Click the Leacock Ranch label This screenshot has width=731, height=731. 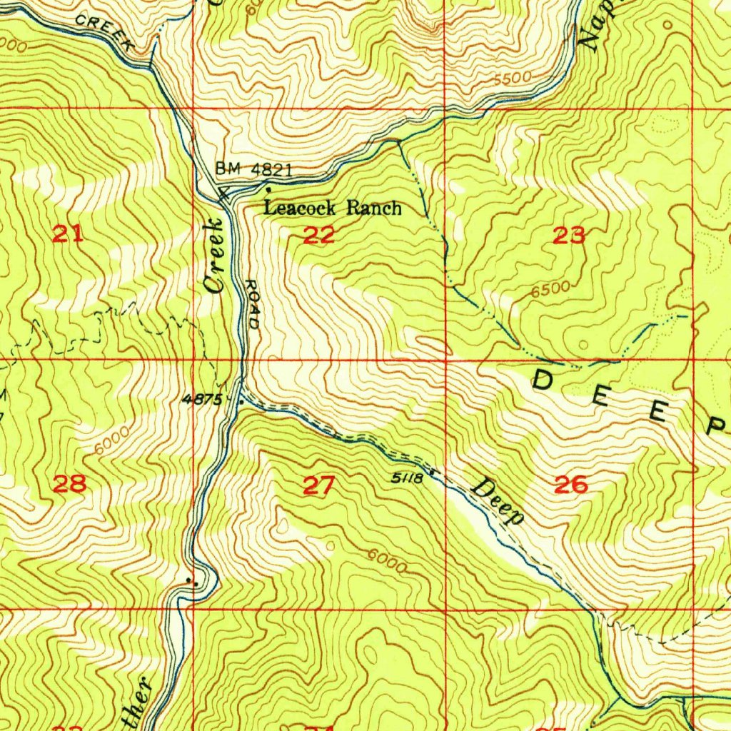tap(333, 208)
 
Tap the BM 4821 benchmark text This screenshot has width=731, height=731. tap(254, 169)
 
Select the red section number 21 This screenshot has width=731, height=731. tap(69, 233)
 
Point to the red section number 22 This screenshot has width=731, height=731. tap(319, 235)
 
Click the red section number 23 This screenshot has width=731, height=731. tap(570, 234)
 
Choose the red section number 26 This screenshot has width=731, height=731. tap(571, 485)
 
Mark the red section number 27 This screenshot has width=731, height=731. tap(318, 486)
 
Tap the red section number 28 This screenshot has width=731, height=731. tap(70, 484)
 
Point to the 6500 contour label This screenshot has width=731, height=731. tap(550, 289)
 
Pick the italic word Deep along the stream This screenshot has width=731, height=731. tap(498, 501)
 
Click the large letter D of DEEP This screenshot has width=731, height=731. tap(545, 381)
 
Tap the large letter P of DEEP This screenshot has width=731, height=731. tap(715, 426)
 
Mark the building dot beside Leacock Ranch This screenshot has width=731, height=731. tap(268, 190)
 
